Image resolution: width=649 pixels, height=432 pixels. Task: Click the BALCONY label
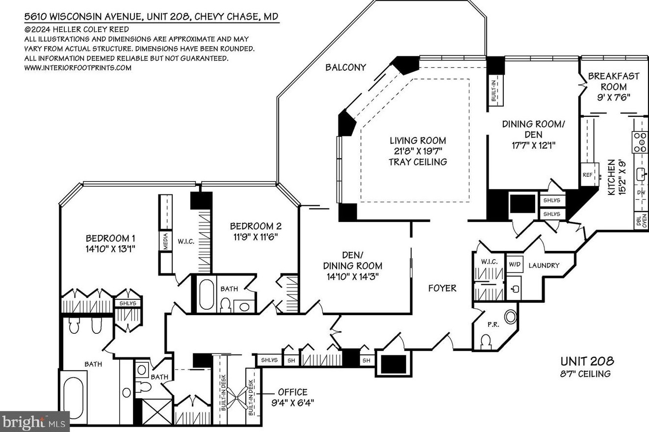345,68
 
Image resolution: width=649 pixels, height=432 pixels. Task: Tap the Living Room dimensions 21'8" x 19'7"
418,151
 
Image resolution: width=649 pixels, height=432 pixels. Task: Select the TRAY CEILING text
418,162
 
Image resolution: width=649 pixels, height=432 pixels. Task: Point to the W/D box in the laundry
514,264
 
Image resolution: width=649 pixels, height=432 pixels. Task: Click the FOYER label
442,288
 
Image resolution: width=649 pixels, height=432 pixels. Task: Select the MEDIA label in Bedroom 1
166,241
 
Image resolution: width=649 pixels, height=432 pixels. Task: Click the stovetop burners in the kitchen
640,142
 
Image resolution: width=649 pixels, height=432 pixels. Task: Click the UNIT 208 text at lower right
587,362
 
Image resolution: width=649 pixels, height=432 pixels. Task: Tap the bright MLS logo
34,421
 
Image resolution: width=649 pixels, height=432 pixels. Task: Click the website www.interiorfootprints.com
78,68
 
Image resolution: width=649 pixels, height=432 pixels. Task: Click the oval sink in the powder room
511,317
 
